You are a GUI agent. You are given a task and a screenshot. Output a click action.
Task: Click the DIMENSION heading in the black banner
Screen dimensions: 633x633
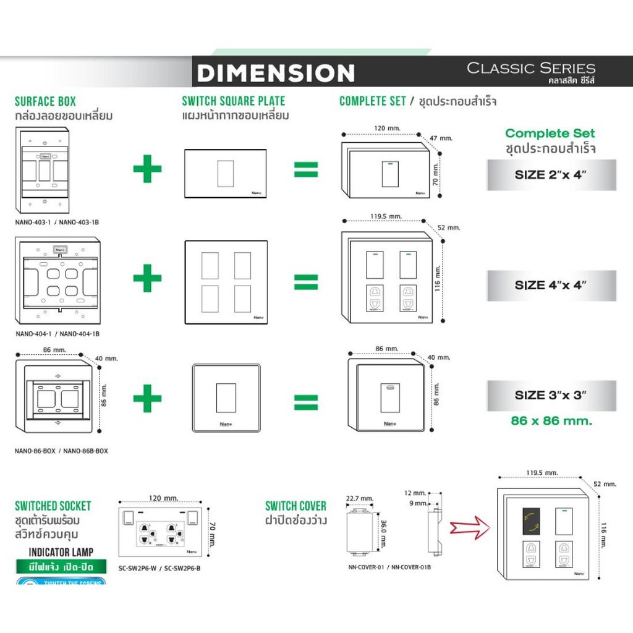[x=276, y=73]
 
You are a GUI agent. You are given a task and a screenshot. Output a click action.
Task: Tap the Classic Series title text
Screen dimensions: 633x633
[x=530, y=68]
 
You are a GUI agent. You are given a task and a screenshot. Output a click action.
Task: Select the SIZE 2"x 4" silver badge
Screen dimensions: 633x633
[x=551, y=175]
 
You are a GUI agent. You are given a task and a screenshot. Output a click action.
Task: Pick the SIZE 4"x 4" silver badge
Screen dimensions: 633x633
[x=551, y=285]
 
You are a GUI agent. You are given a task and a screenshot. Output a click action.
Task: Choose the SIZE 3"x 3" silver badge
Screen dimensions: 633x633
[x=551, y=396]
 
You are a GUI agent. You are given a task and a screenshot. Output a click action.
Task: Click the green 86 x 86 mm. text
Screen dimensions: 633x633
[x=551, y=421]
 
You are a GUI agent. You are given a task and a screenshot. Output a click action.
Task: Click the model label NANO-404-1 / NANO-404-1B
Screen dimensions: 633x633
[x=57, y=334]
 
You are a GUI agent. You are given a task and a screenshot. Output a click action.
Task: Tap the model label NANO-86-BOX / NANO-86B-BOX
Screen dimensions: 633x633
[x=61, y=451]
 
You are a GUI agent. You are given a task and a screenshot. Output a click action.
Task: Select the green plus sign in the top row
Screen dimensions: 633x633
[x=147, y=169]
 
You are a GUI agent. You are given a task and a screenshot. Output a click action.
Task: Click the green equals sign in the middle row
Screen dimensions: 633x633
[x=305, y=282]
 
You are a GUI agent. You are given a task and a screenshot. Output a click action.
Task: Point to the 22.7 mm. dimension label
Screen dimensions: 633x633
[x=359, y=498]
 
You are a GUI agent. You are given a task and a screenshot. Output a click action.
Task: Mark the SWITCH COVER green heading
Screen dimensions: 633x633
[x=295, y=506]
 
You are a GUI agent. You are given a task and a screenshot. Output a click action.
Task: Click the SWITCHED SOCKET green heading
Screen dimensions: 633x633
[x=53, y=506]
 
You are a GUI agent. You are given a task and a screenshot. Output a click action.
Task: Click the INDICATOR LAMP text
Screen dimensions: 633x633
[x=61, y=552]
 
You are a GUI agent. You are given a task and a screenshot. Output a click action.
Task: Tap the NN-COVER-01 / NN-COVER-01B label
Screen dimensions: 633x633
[x=387, y=566]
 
